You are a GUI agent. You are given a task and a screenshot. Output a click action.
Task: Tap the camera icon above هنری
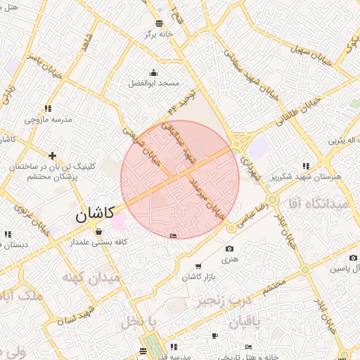[229, 249]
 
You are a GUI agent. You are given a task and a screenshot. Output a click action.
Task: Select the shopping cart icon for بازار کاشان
[198, 266]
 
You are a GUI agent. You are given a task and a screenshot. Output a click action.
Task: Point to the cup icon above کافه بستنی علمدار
[98, 231]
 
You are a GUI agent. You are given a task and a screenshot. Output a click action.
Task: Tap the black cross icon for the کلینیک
[52, 155]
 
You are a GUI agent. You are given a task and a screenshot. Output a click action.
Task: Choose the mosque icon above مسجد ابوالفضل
[154, 72]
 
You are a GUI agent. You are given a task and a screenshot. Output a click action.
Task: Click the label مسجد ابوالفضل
[154, 83]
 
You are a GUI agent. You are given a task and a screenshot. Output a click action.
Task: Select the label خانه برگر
[158, 34]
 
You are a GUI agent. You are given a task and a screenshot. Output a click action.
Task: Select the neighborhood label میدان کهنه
[92, 278]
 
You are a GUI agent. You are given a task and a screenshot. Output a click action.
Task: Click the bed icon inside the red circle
[174, 236]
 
